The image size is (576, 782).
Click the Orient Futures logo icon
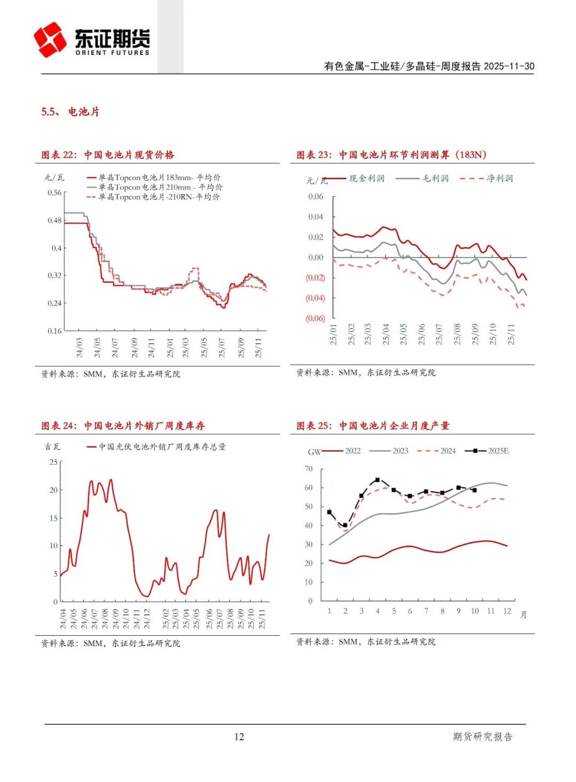[50, 39]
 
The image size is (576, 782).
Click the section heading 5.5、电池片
[70, 112]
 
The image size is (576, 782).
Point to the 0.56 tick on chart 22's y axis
[54, 193]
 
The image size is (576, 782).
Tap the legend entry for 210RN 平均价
[158, 197]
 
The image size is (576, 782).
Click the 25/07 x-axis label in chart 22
[221, 347]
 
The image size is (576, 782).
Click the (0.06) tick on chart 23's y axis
[315, 318]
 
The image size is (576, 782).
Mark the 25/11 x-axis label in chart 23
[511, 334]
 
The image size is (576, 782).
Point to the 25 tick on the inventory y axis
[53, 462]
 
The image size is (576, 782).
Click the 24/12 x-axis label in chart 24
[147, 618]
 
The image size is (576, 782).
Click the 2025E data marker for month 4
[378, 480]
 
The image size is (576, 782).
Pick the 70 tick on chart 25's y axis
[308, 469]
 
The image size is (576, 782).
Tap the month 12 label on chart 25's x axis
[507, 611]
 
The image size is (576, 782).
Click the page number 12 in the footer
[239, 737]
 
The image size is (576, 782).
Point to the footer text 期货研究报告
[482, 737]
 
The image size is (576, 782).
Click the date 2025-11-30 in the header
[509, 66]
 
